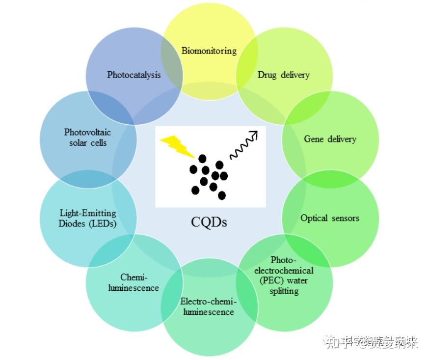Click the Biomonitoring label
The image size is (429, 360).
coord(209,51)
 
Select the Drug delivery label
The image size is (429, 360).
coord(284,75)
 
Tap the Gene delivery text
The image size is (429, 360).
coord(330,139)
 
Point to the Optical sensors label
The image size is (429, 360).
coord(329,218)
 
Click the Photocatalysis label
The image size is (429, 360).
coord(134,75)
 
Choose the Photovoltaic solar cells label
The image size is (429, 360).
coord(87,137)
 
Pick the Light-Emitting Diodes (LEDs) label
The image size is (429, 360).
coord(88,218)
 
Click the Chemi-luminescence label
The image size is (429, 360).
coord(134,282)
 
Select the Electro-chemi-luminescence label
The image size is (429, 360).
coord(208,306)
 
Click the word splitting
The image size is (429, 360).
coord(284,291)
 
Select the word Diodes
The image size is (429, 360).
coord(72,223)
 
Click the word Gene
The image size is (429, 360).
coord(313,139)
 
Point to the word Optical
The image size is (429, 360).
coord(314,218)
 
